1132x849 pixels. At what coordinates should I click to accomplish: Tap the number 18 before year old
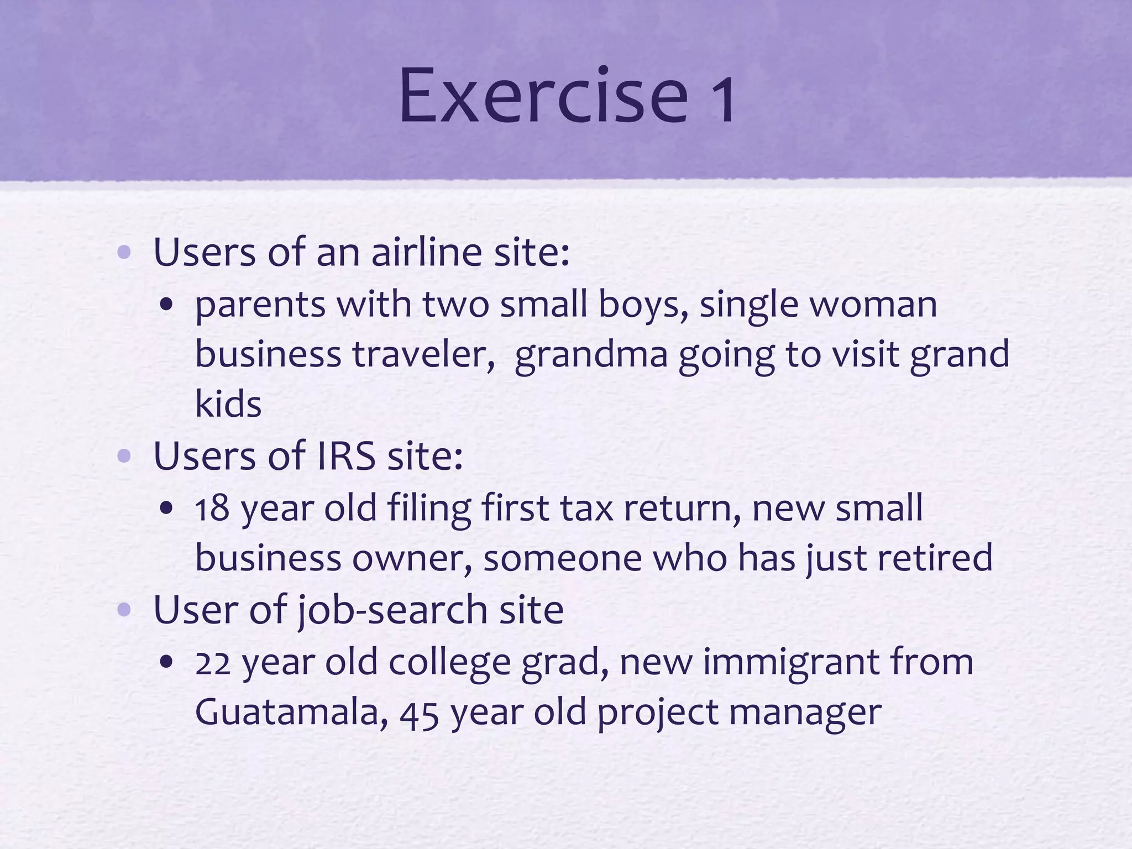[x=212, y=508]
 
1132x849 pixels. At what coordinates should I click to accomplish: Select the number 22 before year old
[x=212, y=663]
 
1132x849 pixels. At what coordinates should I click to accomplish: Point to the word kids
[x=228, y=405]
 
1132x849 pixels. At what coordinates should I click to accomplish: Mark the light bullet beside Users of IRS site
[x=124, y=457]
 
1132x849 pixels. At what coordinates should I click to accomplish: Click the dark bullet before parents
[x=166, y=306]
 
